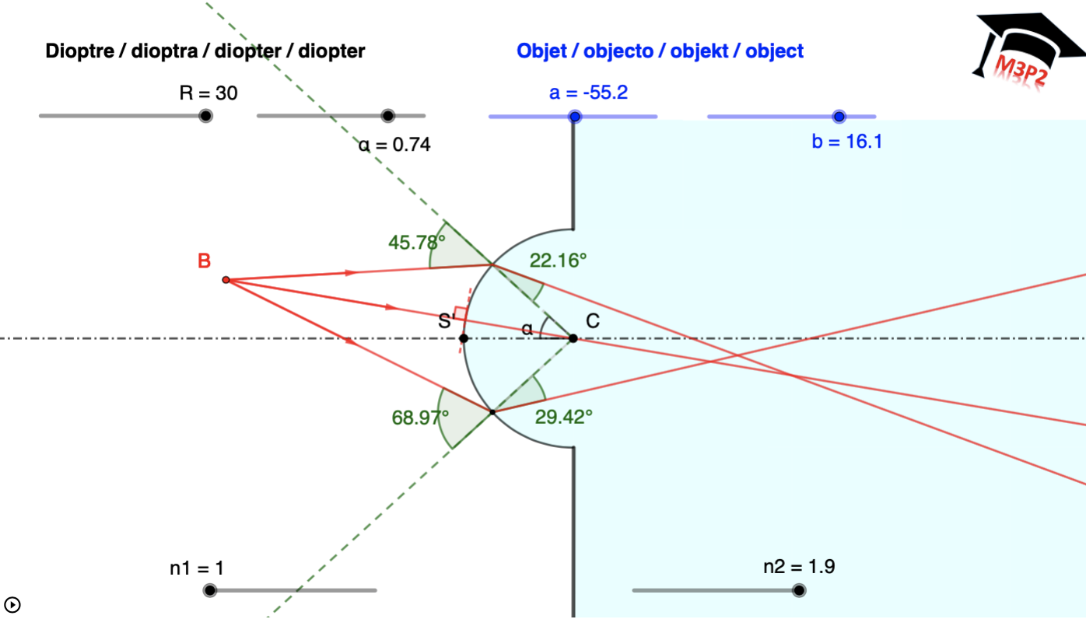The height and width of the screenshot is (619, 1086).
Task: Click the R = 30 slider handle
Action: [205, 116]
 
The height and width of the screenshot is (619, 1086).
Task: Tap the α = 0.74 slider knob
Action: [388, 116]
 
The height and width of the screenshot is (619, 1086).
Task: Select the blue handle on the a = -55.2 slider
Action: [575, 117]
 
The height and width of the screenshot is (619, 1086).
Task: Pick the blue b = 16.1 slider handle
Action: [839, 117]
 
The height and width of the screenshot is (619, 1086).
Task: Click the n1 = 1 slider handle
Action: [209, 590]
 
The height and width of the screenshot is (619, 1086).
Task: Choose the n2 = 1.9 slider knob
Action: [799, 590]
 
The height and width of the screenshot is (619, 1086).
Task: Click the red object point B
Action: [226, 279]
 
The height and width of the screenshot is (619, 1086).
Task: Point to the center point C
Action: [573, 338]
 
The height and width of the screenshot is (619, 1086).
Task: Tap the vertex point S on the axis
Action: [464, 338]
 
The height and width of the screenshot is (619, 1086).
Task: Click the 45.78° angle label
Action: [417, 242]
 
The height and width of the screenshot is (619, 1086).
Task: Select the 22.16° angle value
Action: [558, 261]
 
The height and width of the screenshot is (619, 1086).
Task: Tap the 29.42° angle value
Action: [563, 417]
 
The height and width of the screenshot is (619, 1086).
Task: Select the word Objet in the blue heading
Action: [541, 51]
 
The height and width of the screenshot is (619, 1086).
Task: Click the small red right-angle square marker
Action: [461, 313]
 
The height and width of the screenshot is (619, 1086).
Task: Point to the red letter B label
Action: [204, 261]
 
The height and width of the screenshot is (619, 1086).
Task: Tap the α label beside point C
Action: [527, 329]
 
